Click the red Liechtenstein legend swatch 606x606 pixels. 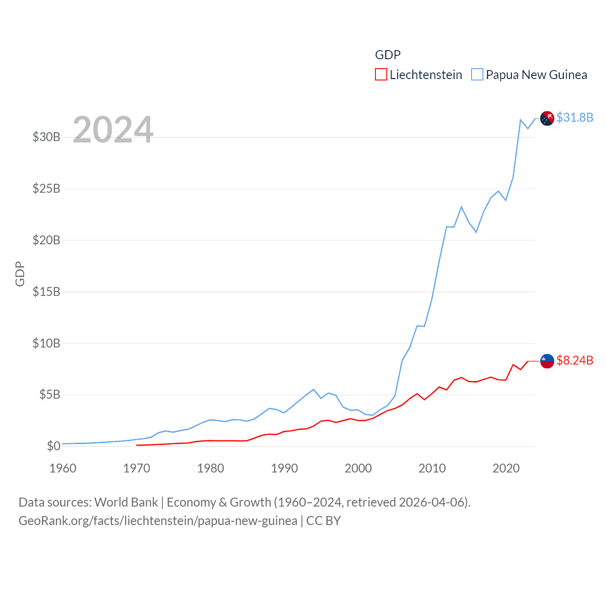(x=381, y=75)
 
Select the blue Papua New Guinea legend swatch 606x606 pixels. (x=477, y=75)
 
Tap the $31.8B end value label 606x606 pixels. (x=575, y=117)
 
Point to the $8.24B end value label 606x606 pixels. (x=575, y=361)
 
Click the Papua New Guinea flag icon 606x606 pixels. (x=547, y=118)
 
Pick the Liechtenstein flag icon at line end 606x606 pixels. (x=547, y=361)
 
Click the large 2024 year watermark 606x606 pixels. (x=113, y=130)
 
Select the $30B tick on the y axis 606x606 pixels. (x=46, y=137)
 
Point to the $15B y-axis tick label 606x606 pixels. (x=46, y=292)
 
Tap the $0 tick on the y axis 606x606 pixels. (x=53, y=446)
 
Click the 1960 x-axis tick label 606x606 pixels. (x=62, y=469)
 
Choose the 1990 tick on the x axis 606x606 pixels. (x=284, y=469)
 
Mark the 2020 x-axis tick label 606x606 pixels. (x=506, y=469)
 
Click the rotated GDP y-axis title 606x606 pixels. (x=20, y=274)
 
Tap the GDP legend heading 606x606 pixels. (x=388, y=55)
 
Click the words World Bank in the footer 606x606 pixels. (x=126, y=502)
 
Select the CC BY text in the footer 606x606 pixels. (x=323, y=521)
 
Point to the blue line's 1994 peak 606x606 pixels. (x=313, y=390)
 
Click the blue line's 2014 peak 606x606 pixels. (x=461, y=207)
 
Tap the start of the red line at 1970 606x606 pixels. (x=137, y=445)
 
